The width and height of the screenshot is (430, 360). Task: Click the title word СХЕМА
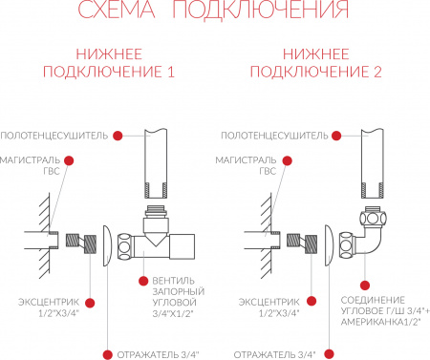(x=117, y=9)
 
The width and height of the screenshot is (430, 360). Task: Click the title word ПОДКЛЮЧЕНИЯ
(x=261, y=9)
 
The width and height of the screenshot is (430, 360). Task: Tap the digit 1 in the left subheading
(x=171, y=72)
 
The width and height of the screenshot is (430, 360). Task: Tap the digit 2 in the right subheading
(x=377, y=72)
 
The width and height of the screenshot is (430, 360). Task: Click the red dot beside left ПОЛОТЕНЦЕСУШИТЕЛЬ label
(x=118, y=136)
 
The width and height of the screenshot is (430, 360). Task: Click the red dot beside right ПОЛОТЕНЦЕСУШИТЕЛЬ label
(x=336, y=136)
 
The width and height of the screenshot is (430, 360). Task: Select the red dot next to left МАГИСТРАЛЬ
(x=69, y=160)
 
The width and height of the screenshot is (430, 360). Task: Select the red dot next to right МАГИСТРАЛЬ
(x=287, y=160)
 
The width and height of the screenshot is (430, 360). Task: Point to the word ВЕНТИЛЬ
(x=173, y=281)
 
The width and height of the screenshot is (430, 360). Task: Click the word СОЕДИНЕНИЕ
(x=373, y=300)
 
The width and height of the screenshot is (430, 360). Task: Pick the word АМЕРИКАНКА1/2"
(x=381, y=322)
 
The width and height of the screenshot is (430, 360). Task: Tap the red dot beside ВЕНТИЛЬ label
(x=143, y=281)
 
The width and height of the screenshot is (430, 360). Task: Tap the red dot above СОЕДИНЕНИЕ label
(x=365, y=286)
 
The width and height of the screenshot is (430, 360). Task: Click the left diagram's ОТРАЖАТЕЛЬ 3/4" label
(x=158, y=354)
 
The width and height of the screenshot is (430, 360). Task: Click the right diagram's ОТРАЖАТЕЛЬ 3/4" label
(x=274, y=354)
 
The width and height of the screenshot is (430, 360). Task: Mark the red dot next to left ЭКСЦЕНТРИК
(x=90, y=303)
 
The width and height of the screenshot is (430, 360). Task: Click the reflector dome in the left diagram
(x=107, y=245)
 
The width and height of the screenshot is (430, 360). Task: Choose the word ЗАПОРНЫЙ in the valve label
(x=179, y=291)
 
